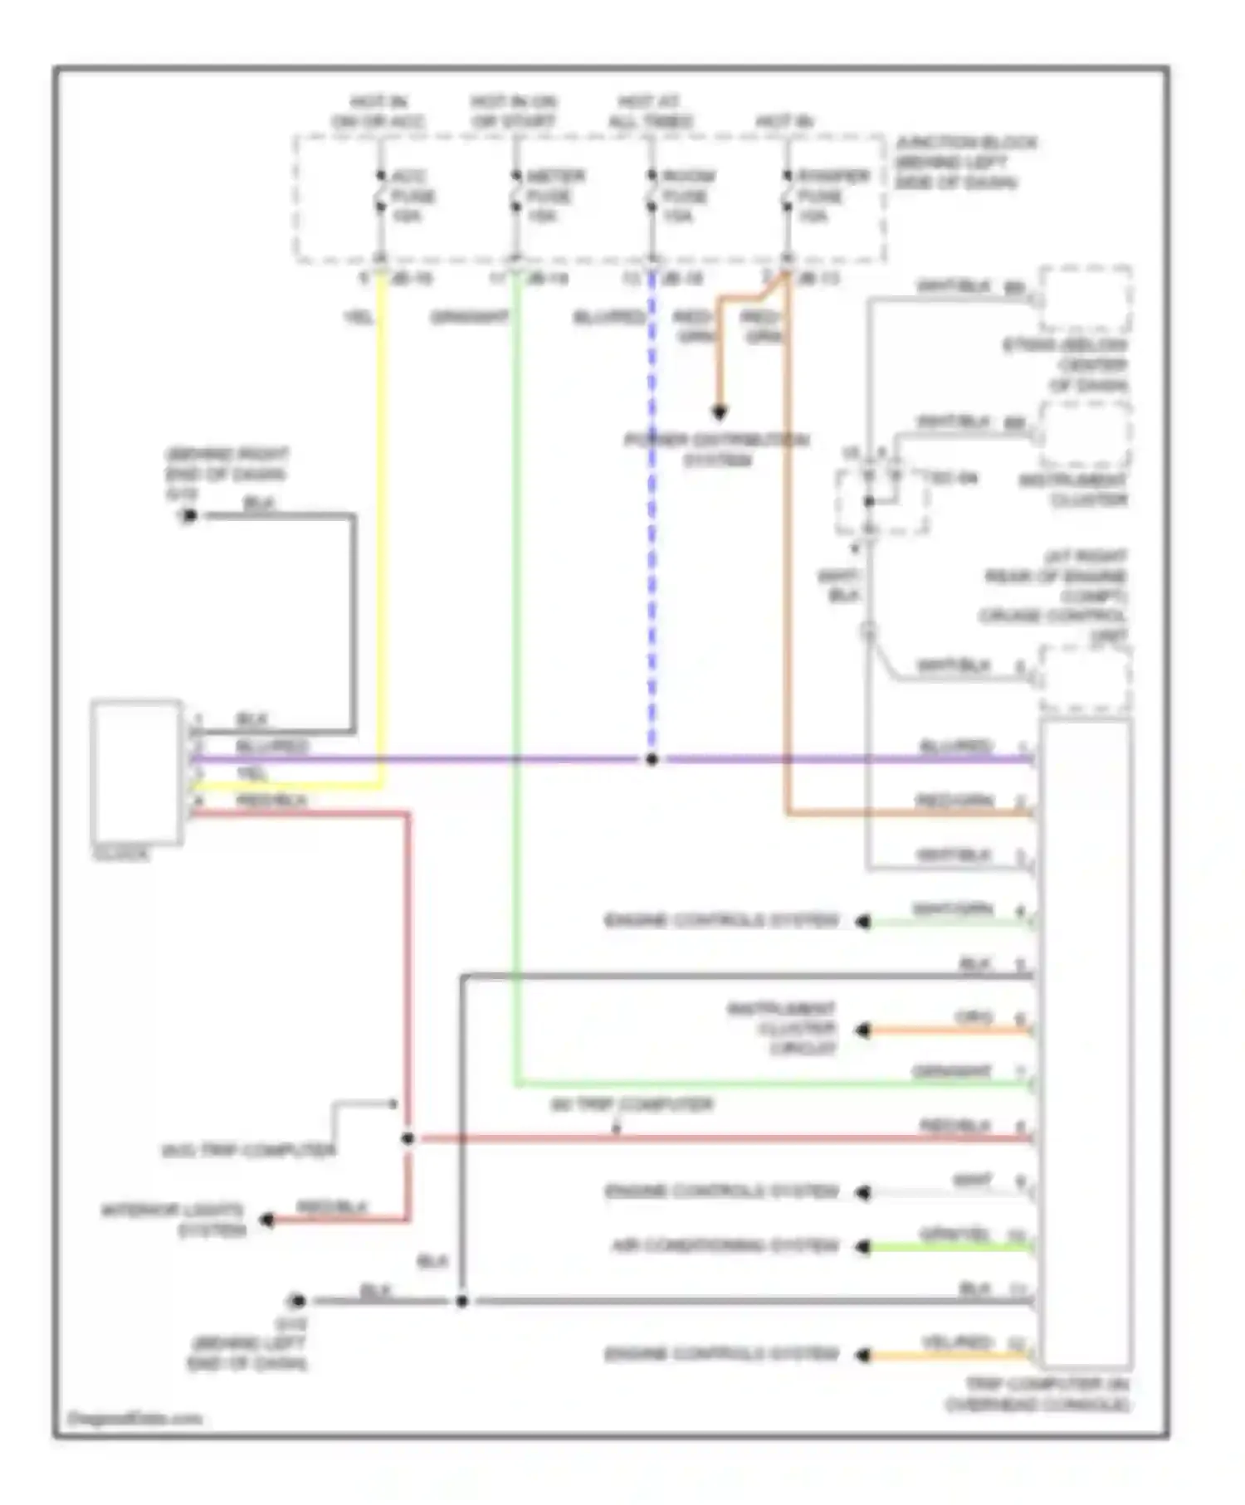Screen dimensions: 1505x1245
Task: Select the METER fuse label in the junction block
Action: (x=554, y=196)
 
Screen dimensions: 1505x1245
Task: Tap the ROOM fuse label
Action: (x=686, y=196)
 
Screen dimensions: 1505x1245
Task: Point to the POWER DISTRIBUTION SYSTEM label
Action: (x=716, y=450)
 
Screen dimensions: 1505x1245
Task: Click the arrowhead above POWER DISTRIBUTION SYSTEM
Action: (x=719, y=412)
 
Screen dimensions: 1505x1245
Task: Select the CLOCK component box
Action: (x=136, y=772)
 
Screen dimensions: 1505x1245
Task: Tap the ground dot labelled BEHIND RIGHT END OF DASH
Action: (x=188, y=517)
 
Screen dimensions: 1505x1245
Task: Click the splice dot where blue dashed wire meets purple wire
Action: (x=652, y=759)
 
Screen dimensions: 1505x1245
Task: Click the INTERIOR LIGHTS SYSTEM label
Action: (x=174, y=1220)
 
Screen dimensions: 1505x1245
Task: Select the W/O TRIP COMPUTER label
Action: (x=247, y=1151)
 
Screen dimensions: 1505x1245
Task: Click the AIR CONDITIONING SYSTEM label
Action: (x=725, y=1246)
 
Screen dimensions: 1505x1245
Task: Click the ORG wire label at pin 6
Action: (x=973, y=1018)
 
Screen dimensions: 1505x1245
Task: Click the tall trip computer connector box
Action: (x=1084, y=1045)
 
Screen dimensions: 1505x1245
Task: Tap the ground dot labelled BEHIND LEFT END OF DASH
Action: (x=296, y=1301)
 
